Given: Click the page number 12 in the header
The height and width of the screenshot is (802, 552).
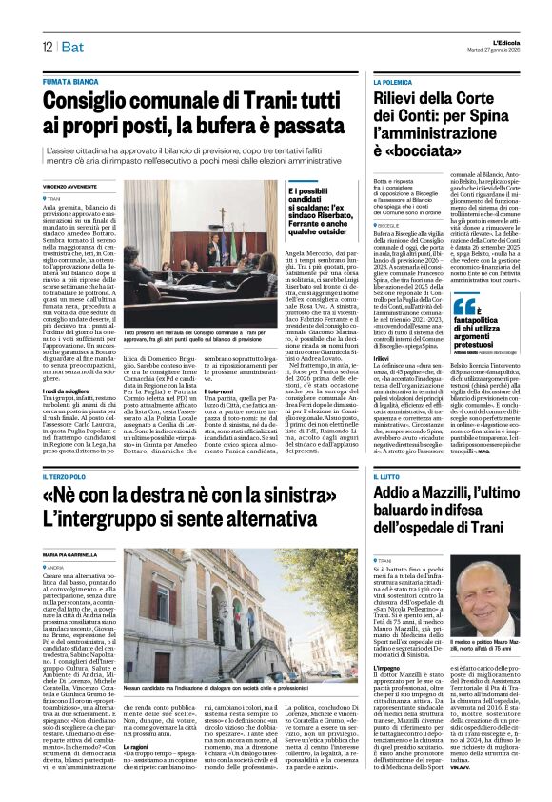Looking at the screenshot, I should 46,47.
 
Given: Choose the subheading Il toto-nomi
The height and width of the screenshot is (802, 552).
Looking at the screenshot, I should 218,390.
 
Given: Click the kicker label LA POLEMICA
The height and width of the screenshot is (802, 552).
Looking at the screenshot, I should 393,85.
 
